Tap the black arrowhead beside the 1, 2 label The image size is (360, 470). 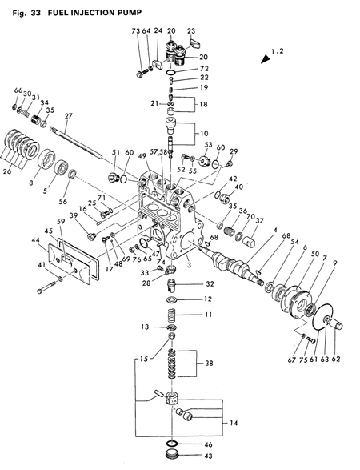click(263, 58)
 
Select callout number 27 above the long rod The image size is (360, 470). click(69, 116)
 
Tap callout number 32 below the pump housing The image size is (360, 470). click(209, 284)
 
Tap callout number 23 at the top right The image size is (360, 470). click(192, 30)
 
